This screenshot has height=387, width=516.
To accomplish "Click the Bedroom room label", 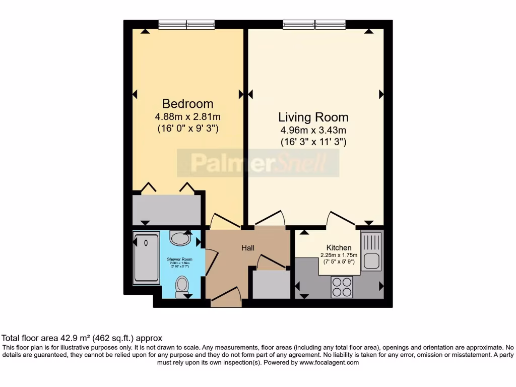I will tap(187, 104).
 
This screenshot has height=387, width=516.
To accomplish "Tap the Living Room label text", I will tap(313, 117).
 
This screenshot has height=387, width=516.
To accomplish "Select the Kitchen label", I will tap(339, 248).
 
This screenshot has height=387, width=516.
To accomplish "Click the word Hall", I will tap(247, 248).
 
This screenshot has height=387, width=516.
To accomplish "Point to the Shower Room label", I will tap(180, 259).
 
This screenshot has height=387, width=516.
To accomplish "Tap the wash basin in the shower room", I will tap(180, 238).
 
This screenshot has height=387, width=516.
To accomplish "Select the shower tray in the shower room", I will tap(146, 257).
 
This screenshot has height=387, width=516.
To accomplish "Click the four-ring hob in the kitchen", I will tap(341, 287).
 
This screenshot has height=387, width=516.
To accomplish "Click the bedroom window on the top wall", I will tap(186, 24).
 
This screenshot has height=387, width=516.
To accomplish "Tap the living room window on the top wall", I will tap(314, 24).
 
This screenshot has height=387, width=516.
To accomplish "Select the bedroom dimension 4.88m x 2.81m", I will tap(187, 117).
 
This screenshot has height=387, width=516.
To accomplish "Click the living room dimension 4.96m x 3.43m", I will tap(313, 131).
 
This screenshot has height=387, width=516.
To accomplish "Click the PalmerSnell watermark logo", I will tap(257, 163).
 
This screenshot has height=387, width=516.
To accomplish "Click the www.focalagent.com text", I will tap(329, 362).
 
